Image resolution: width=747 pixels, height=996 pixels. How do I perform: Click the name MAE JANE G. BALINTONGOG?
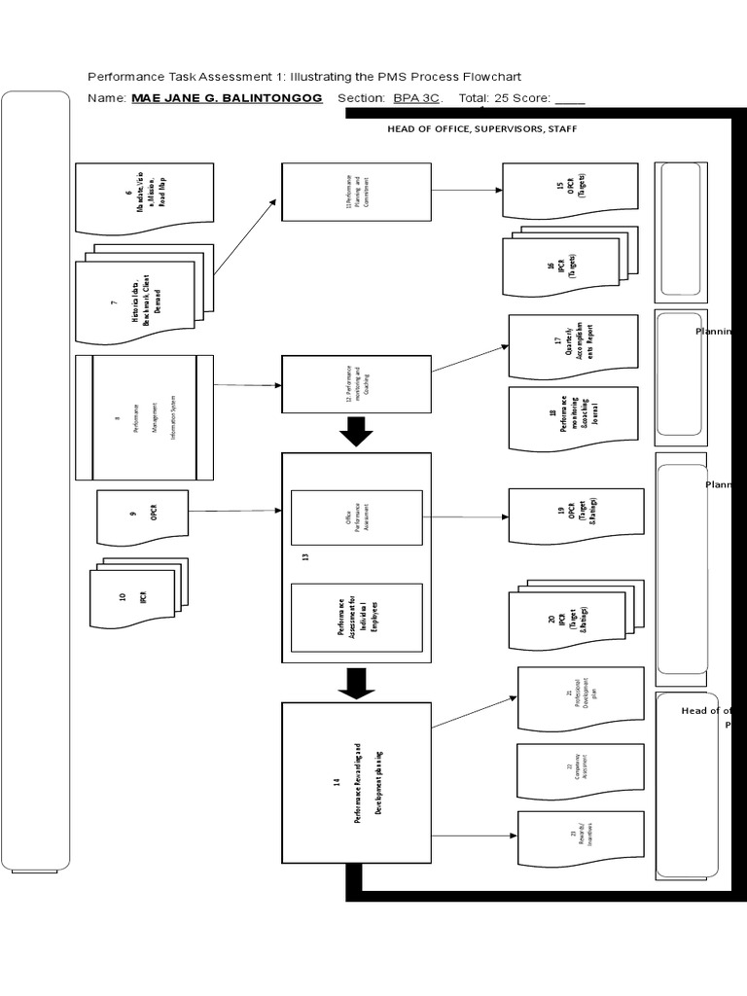pos(227,98)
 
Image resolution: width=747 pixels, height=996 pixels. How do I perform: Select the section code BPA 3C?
pos(416,98)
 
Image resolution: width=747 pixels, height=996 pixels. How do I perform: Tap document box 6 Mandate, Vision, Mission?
pos(144,198)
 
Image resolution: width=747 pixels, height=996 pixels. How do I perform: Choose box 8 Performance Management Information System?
pos(144,418)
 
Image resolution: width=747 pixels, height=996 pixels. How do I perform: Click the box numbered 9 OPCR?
pos(142,516)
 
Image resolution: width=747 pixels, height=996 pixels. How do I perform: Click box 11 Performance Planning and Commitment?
pos(356,192)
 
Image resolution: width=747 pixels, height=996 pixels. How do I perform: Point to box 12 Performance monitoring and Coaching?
pos(356,384)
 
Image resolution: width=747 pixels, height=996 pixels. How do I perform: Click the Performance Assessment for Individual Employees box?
pos(356,617)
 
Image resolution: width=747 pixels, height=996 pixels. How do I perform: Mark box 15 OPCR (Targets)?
pos(570,190)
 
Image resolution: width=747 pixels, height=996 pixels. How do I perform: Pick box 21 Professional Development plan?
pos(581,698)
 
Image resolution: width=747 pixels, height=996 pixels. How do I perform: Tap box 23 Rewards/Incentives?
pos(581,838)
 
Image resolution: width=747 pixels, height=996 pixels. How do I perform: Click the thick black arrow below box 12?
pos(356,431)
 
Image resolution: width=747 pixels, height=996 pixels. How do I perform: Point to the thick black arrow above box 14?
pos(356,683)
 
